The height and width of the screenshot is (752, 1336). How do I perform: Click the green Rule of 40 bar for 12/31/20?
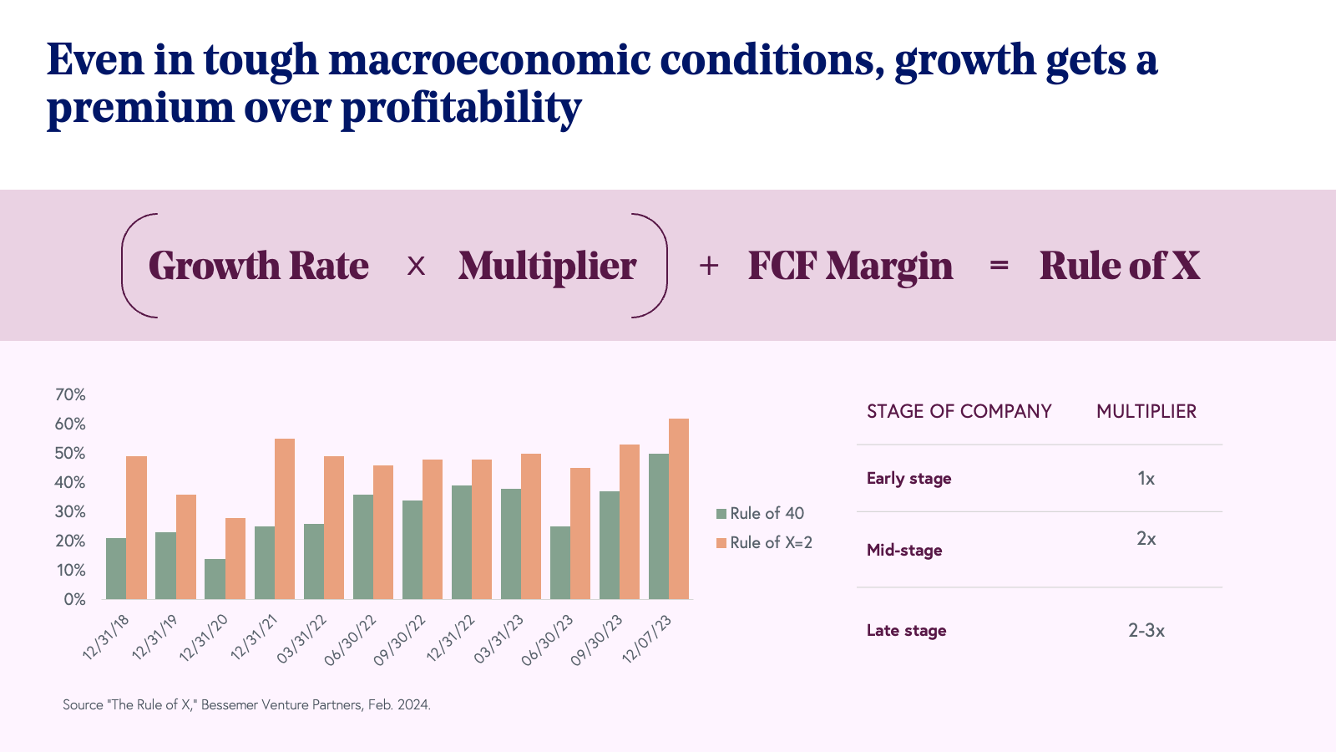point(215,579)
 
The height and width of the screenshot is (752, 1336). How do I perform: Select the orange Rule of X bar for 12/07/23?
point(679,509)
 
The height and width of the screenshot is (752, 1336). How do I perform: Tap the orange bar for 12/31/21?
point(285,519)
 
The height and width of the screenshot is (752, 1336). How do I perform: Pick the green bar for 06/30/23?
point(560,562)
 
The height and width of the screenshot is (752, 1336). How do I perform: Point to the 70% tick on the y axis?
point(70,394)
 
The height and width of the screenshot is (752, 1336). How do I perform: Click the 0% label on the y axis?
point(74,599)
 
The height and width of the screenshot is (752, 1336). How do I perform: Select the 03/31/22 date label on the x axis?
point(302,639)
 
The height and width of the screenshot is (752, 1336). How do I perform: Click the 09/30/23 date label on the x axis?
point(597,640)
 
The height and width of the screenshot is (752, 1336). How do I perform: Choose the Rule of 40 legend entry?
point(761,513)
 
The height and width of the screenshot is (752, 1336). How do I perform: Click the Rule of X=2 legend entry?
point(765,542)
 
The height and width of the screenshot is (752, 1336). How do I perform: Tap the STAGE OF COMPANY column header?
point(959,411)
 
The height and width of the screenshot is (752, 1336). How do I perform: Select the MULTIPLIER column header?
point(1146,411)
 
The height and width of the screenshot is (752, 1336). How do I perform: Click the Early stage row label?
point(908,479)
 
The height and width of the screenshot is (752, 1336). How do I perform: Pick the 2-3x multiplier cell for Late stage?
point(1146,630)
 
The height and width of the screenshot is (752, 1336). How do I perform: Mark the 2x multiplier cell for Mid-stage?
point(1146,539)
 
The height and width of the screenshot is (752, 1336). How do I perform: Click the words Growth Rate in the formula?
point(259,266)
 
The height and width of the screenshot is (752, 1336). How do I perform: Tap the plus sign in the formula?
point(709,266)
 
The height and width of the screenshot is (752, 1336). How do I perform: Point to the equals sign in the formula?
point(999,266)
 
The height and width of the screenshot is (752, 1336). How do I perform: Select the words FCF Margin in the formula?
point(850,266)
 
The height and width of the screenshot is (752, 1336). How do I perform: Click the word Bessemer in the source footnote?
point(230,704)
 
